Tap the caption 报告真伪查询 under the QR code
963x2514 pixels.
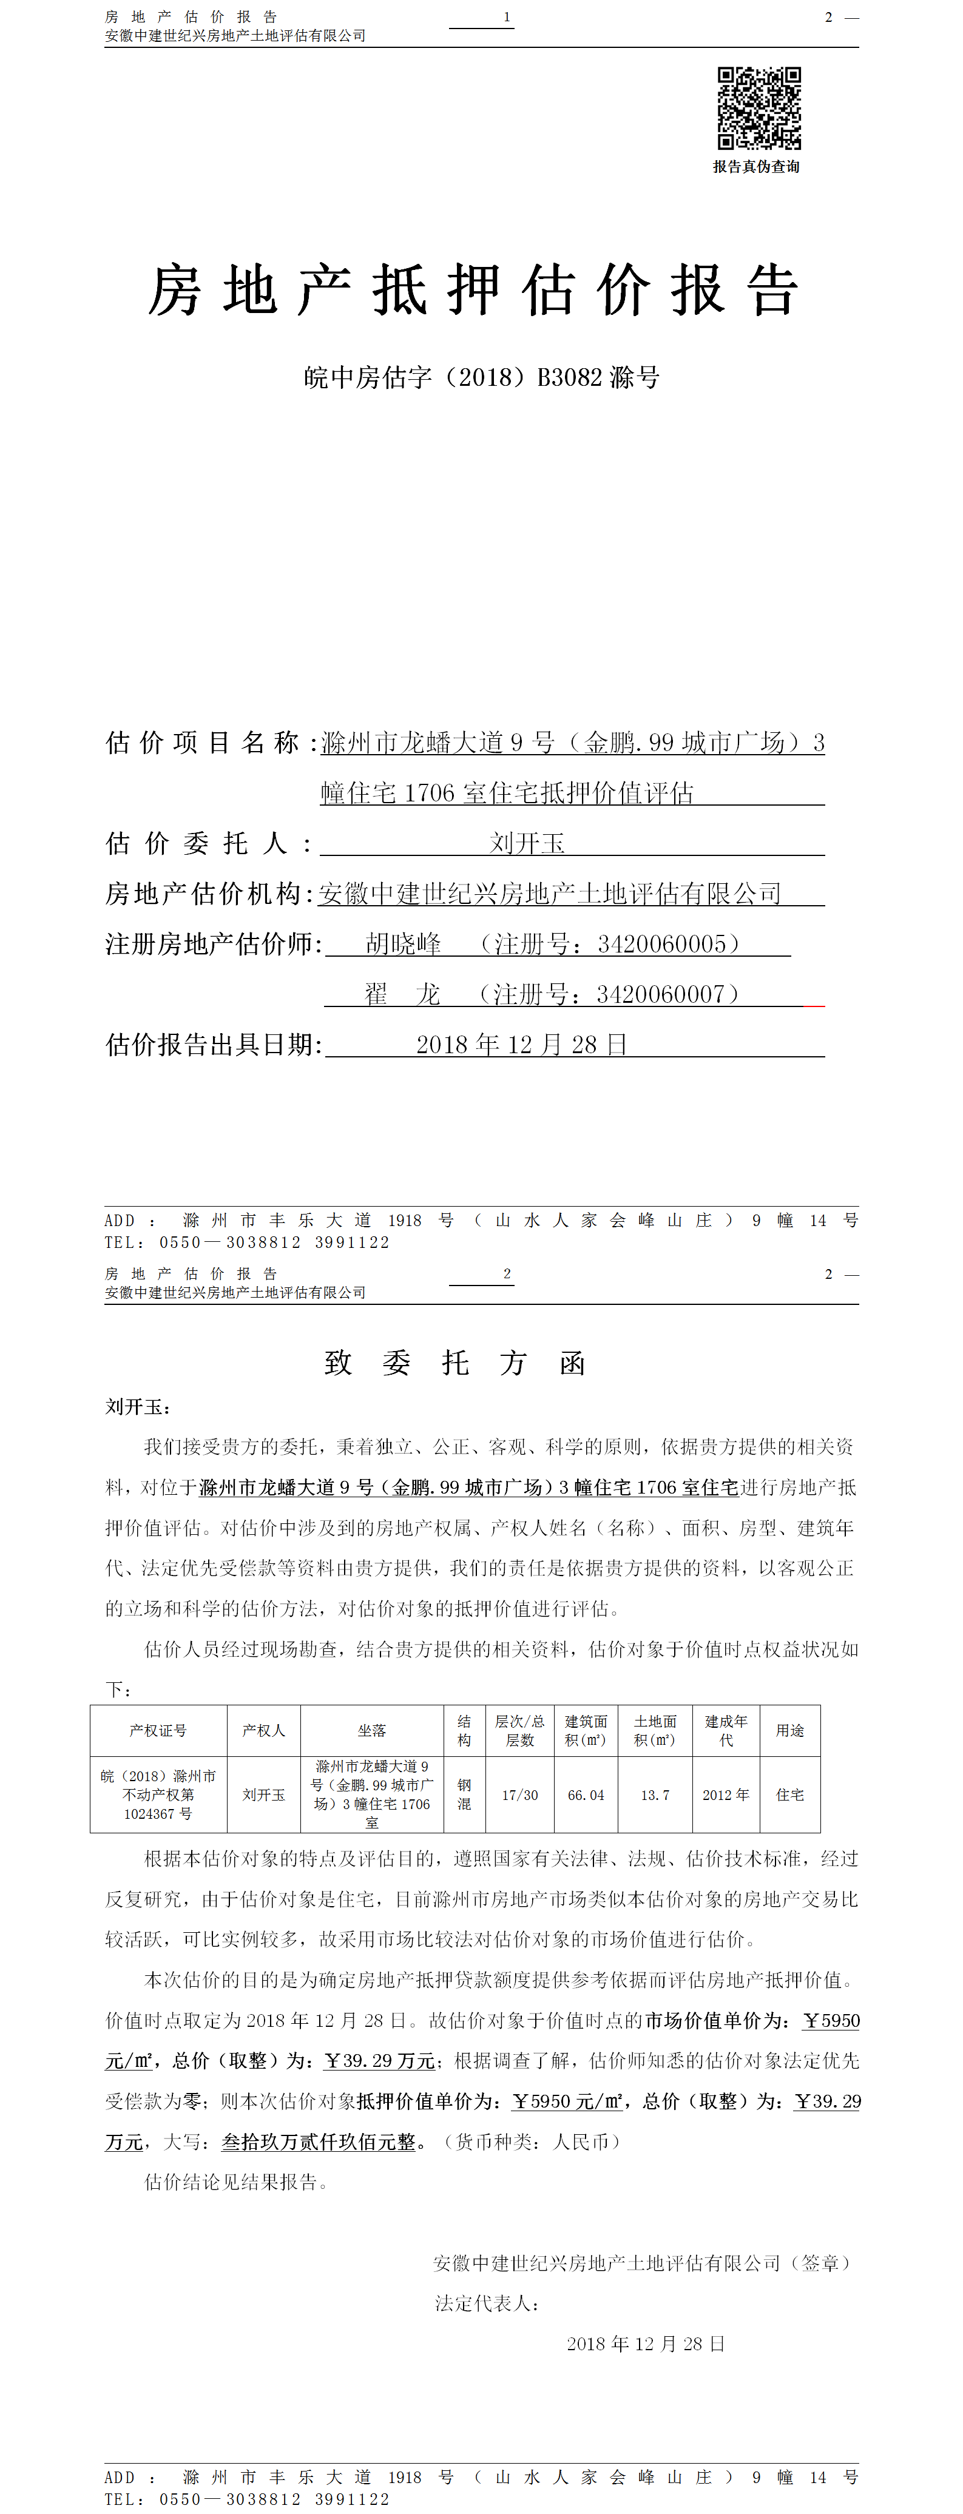[756, 167]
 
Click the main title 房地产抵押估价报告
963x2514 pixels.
[474, 290]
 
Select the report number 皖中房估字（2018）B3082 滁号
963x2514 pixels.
[481, 378]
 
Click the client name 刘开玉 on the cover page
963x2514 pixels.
[527, 843]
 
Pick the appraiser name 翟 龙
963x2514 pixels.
[402, 994]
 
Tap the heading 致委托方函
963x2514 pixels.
[454, 1363]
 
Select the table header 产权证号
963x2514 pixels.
[158, 1730]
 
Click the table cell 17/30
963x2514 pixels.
[520, 1795]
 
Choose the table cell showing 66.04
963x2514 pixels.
[586, 1795]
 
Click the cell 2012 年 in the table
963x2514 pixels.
[726, 1795]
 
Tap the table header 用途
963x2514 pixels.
[789, 1730]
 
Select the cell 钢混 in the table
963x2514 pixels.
[464, 1795]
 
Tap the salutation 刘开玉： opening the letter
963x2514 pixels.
[138, 1407]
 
